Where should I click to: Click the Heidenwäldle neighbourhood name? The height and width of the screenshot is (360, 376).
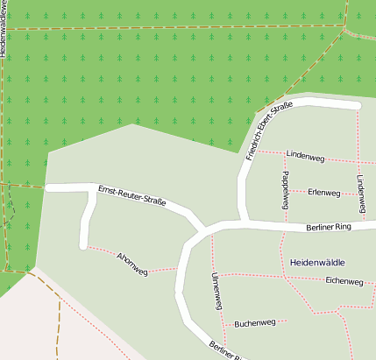click(x=316, y=262)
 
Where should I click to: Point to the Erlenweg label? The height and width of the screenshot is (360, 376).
click(x=323, y=192)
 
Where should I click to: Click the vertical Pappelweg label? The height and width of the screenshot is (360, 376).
click(x=284, y=190)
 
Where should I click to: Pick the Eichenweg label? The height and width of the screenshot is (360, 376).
click(x=344, y=281)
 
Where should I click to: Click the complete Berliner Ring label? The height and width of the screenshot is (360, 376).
click(x=328, y=227)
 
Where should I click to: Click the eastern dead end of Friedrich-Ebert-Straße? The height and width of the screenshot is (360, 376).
click(x=357, y=106)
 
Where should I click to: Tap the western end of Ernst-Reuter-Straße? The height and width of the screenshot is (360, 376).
click(x=49, y=187)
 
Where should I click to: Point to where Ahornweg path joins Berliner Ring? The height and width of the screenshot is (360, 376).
click(x=180, y=268)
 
